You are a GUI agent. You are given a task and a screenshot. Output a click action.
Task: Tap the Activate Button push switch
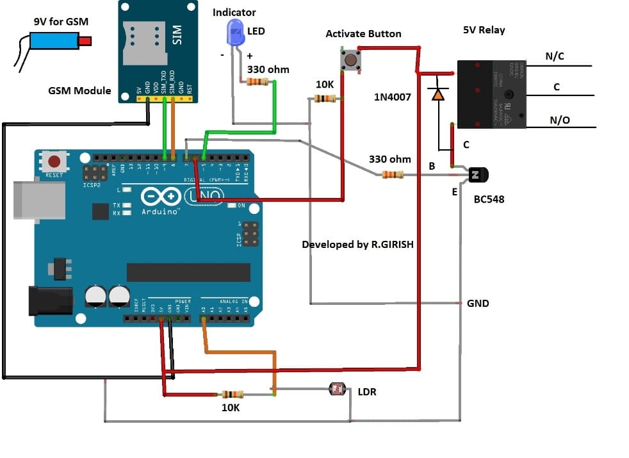click(x=351, y=61)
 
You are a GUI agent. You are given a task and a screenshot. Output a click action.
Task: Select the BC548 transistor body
click(x=478, y=174)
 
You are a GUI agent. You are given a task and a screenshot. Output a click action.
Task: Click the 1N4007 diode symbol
click(x=438, y=95)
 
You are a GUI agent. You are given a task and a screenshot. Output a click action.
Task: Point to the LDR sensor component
click(x=336, y=389)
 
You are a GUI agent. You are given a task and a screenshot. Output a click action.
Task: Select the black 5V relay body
click(x=491, y=94)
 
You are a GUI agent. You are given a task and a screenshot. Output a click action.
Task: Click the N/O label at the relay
click(x=560, y=120)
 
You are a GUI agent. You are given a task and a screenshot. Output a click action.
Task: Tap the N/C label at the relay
click(x=555, y=56)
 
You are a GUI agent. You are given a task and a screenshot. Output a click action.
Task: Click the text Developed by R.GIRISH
click(x=362, y=244)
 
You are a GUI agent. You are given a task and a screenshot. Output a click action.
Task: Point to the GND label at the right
click(x=478, y=303)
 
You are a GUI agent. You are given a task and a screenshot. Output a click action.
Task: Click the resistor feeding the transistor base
click(x=392, y=175)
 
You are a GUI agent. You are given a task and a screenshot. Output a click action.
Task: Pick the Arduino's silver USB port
click(x=40, y=198)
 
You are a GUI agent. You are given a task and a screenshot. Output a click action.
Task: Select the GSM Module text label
click(x=79, y=90)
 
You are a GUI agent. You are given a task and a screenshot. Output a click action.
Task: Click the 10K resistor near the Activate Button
click(x=326, y=99)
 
